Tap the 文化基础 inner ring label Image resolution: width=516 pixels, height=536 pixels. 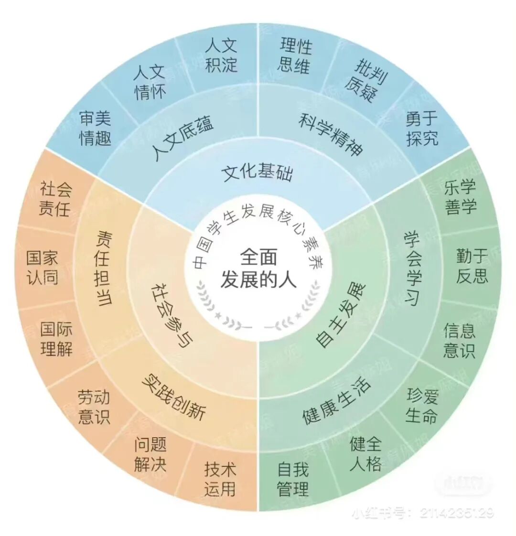tap(258, 173)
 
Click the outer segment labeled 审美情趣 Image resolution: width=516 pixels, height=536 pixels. tap(96, 129)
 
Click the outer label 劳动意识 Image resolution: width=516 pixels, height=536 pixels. tap(94, 407)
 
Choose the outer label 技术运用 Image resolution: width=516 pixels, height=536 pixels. tap(220, 478)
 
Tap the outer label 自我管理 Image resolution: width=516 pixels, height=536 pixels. tap(293, 478)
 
